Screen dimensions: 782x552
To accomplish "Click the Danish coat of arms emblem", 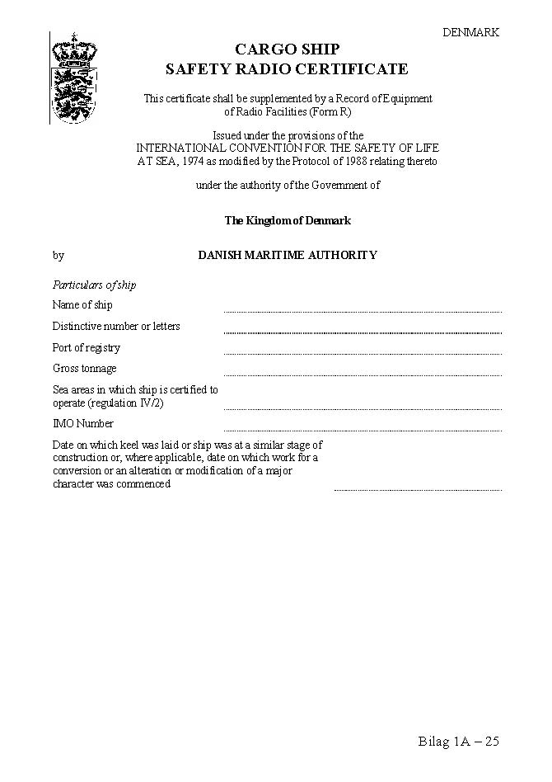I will [73, 78].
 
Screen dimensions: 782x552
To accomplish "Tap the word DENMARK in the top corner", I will [470, 32].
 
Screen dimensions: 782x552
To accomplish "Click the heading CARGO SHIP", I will [287, 50].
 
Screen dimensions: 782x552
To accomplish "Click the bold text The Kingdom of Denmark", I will [288, 221].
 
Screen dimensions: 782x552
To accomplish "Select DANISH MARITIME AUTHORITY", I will [288, 256].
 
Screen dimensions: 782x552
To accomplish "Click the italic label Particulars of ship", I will [94, 285].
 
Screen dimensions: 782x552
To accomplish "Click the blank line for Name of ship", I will [363, 310].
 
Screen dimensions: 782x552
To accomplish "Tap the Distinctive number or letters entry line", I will [363, 332].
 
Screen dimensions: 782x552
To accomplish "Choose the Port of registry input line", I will [363, 353].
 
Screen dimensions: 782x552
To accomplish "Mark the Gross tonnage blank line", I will [363, 374].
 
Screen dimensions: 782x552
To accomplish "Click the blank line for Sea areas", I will [363, 407].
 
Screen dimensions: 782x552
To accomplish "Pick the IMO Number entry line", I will [363, 429].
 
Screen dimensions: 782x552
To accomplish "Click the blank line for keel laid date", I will [418, 489].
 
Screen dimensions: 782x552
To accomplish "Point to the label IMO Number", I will [83, 424].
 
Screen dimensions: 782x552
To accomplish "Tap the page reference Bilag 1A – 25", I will [458, 742].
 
